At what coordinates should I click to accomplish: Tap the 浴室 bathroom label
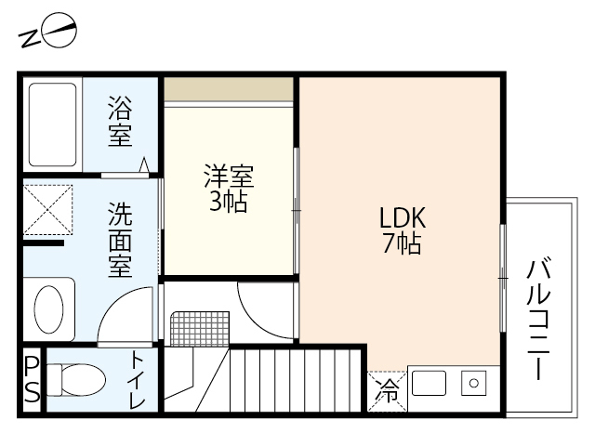120,122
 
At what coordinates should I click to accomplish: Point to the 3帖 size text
229,202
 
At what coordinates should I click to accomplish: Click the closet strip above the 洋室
230,89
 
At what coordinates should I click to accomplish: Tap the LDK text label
402,217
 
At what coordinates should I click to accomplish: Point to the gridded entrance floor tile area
199,326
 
